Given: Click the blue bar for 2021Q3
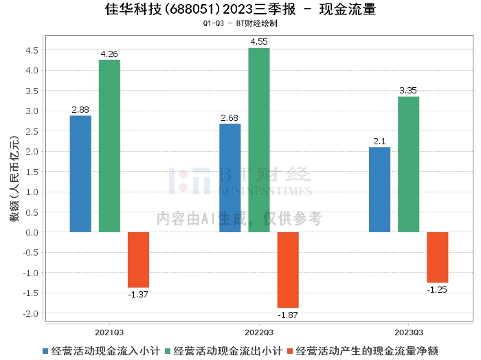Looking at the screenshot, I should tap(80, 174).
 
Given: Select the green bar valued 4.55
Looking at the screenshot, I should tap(259, 140).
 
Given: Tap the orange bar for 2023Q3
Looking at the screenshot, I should tap(437, 257).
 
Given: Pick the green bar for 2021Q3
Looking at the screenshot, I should tap(109, 146).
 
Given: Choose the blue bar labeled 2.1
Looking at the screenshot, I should tap(379, 190).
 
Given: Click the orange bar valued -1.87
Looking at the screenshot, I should tap(288, 269).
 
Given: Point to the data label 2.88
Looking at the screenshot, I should tap(80, 110).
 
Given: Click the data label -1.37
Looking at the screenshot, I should tap(138, 294).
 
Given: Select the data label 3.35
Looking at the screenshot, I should tap(408, 91).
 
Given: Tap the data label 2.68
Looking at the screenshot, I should tap(230, 118).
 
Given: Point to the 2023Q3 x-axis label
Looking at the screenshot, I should tap(408, 331).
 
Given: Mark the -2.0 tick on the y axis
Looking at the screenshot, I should tap(31, 313).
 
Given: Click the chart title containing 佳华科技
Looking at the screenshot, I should tap(240, 10).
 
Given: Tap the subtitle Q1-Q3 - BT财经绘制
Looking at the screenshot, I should tap(240, 23).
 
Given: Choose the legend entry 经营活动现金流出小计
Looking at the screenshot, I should tap(227, 350).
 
